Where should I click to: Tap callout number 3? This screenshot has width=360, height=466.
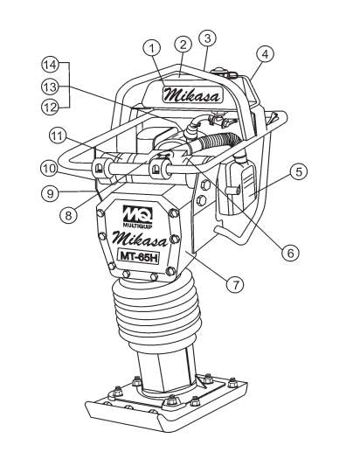pyautogui.click(x=208, y=36)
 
